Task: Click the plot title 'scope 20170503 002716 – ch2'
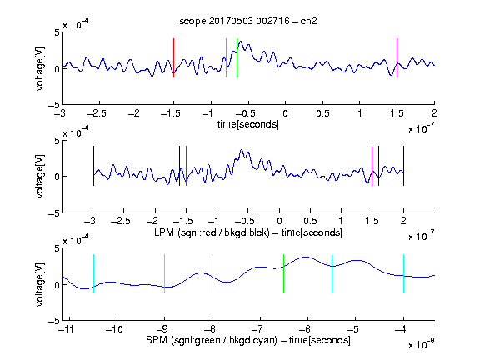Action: [248, 21]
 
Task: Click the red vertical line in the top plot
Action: [173, 57]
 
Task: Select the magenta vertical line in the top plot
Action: [397, 57]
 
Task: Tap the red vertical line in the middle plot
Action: [186, 166]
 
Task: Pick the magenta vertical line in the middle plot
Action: [372, 166]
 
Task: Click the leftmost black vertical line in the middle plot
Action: [93, 166]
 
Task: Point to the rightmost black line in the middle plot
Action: [403, 166]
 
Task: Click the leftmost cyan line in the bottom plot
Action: [93, 273]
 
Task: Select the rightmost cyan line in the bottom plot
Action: [403, 273]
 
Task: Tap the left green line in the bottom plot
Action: [212, 273]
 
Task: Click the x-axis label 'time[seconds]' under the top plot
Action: [248, 125]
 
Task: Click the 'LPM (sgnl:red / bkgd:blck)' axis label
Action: [212, 232]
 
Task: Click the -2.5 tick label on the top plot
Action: [97, 113]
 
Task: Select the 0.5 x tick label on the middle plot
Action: [310, 221]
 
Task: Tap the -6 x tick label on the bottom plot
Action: [304, 329]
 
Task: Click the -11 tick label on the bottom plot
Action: [67, 329]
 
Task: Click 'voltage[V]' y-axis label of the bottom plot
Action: [40, 284]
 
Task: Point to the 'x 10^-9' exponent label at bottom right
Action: [422, 344]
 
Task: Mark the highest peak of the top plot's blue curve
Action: [241, 41]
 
